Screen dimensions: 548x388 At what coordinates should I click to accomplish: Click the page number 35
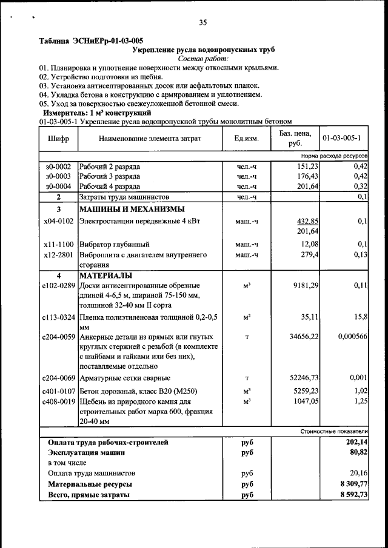[x=202, y=23]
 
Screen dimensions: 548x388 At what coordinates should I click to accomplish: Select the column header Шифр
[x=58, y=139]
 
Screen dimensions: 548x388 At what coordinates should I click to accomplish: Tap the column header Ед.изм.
[x=246, y=139]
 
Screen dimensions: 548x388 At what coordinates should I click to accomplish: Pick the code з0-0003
[x=58, y=176]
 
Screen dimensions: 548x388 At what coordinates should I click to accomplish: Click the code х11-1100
[x=58, y=244]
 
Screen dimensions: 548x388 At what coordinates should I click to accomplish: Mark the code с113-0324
[x=58, y=317]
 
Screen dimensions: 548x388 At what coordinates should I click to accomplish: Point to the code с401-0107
[x=58, y=390]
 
